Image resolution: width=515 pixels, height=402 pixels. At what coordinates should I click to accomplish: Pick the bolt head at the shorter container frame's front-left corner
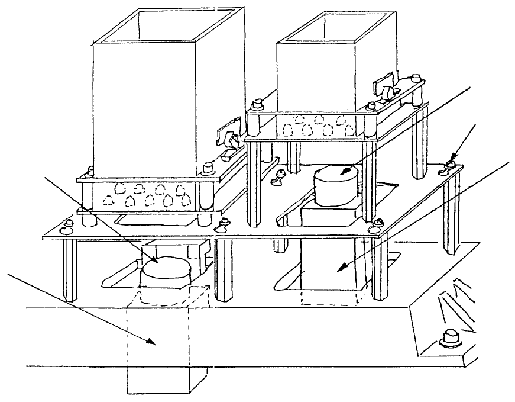coord(257,107)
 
